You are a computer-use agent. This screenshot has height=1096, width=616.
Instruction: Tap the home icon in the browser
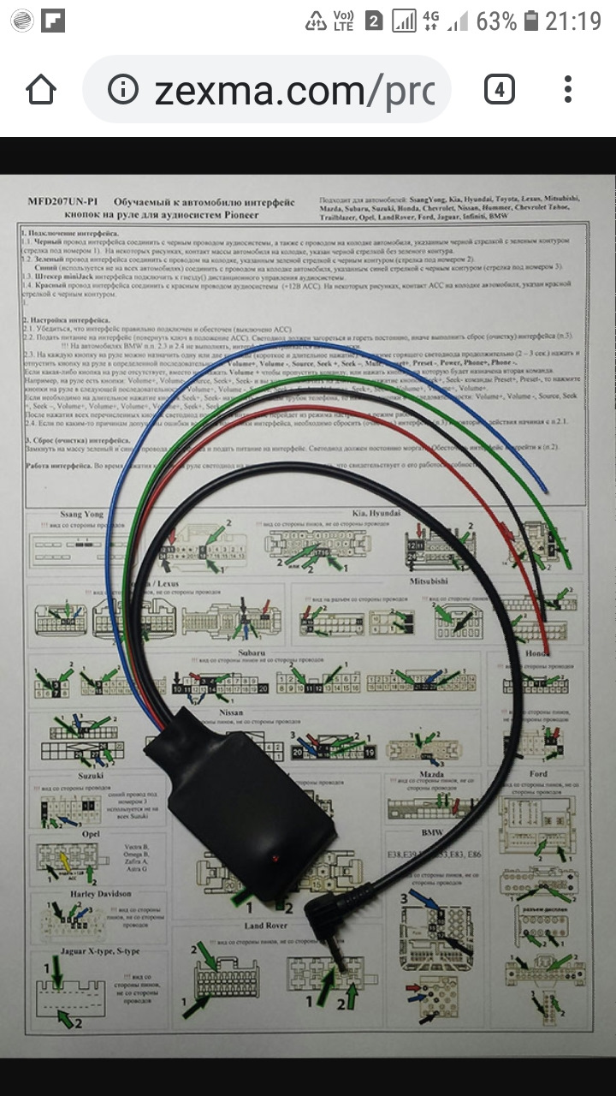(x=40, y=89)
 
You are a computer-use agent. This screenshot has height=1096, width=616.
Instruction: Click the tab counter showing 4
(x=499, y=89)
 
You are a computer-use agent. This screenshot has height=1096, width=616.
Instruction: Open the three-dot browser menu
(x=568, y=89)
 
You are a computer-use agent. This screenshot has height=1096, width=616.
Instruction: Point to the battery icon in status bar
(x=531, y=20)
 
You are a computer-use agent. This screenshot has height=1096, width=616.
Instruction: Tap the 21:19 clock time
(x=574, y=20)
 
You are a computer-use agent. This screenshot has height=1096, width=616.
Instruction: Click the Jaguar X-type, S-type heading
(x=88, y=952)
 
